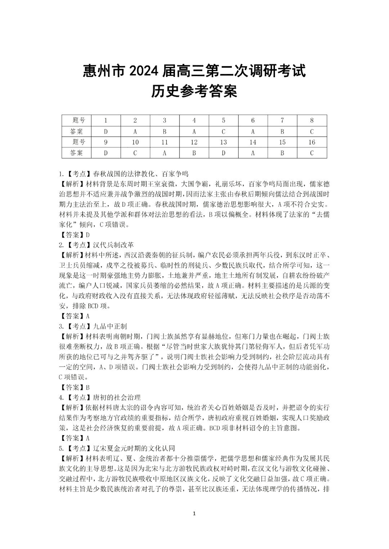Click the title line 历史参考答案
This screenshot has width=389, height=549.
click(194, 92)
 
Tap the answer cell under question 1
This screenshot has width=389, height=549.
click(106, 132)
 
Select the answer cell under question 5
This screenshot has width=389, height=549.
click(223, 132)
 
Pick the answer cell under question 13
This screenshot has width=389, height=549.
click(223, 153)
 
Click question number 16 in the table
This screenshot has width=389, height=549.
click(312, 142)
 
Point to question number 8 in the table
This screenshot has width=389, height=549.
click(312, 121)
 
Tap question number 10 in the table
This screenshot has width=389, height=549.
click(135, 142)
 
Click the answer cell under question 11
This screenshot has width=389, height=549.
click(165, 153)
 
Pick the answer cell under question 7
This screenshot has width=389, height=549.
click(282, 132)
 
